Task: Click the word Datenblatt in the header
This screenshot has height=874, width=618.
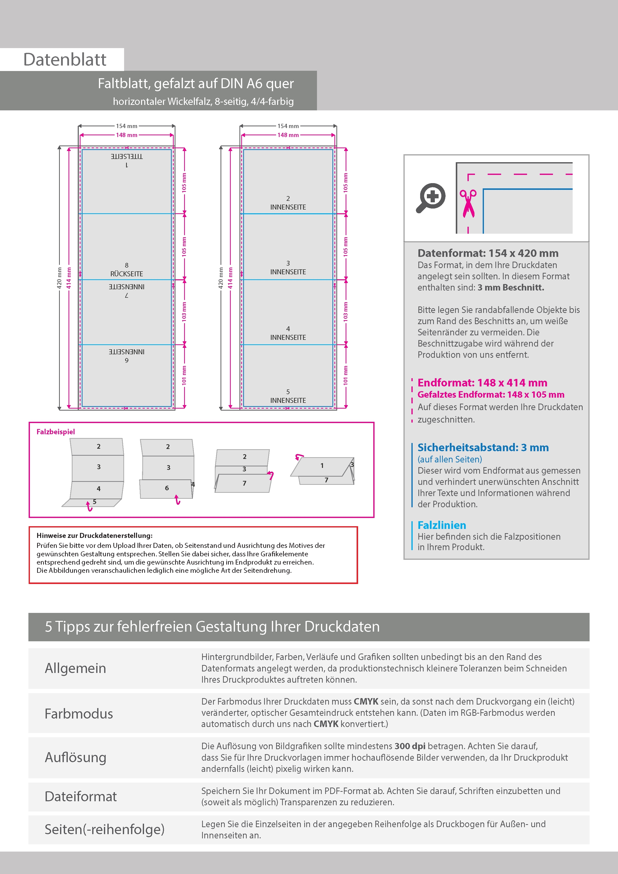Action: (x=65, y=60)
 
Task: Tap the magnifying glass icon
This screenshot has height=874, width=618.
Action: (x=431, y=198)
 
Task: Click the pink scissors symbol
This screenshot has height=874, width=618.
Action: (x=468, y=204)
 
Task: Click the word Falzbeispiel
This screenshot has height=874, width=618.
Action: (x=56, y=432)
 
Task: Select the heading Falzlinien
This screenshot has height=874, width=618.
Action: (x=442, y=525)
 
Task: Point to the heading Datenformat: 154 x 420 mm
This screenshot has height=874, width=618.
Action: (x=488, y=253)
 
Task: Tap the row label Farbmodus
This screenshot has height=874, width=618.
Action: (x=79, y=714)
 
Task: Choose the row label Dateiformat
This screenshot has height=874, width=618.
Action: (x=81, y=796)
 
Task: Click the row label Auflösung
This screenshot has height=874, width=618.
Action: (x=76, y=757)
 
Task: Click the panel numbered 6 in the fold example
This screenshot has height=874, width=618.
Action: (x=167, y=488)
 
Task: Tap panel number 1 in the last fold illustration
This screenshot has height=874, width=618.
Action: (x=322, y=466)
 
